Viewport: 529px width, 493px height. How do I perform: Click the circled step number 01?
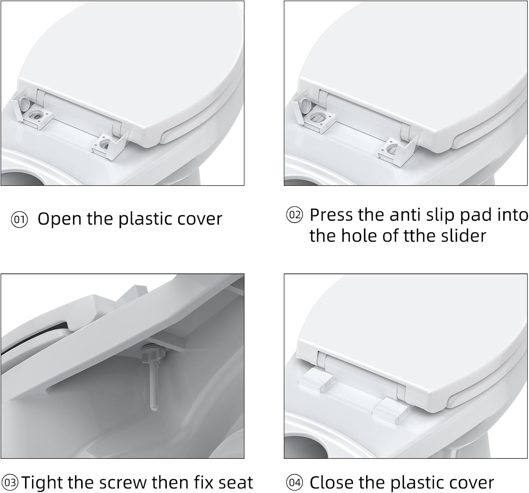pos(19,220)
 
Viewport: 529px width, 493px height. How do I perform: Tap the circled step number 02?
pos(294,215)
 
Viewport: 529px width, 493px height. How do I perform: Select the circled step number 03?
pos(10,482)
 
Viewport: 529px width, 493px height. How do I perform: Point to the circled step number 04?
pos(294,482)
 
